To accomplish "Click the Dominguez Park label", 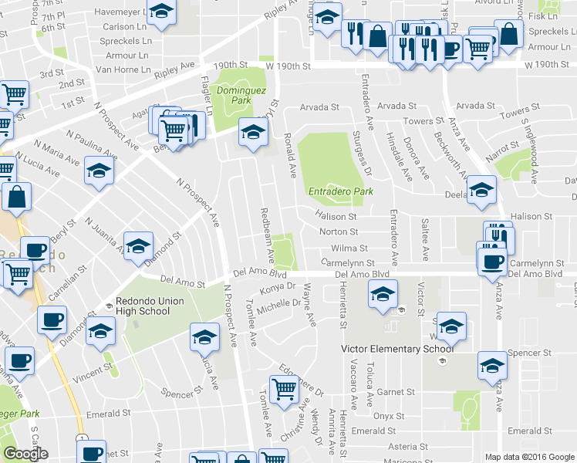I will tap(234, 95).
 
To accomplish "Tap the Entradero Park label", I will tap(335, 191).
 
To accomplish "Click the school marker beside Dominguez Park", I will tap(251, 133).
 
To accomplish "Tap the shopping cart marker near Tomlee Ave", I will tap(284, 388).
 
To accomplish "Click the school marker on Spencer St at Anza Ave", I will tap(492, 366).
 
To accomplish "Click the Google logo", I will tap(25, 454).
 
